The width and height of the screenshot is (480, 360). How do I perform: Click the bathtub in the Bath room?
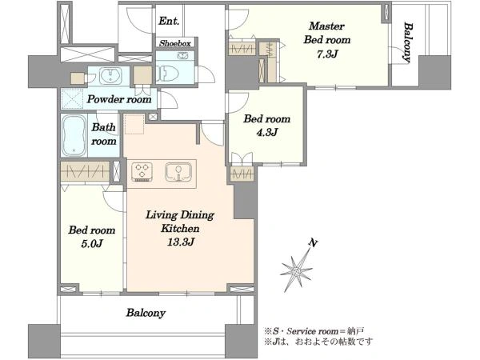(x=74, y=136)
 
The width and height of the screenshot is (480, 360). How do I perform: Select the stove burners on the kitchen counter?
(x=142, y=172)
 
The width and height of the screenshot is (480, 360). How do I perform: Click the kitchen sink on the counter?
(x=178, y=172)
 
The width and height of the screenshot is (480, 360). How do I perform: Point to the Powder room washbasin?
(x=110, y=75)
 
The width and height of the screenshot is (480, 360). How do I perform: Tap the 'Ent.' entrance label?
(x=169, y=21)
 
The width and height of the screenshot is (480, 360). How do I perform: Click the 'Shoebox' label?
(x=174, y=43)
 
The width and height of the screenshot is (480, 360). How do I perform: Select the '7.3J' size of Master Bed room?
(x=327, y=54)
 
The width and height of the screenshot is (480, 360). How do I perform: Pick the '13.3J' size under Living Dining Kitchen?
(x=180, y=242)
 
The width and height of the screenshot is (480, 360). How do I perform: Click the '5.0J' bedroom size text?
(x=91, y=244)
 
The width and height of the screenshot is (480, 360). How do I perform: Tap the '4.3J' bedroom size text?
(x=267, y=132)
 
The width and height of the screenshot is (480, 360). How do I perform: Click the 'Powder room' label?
(x=119, y=99)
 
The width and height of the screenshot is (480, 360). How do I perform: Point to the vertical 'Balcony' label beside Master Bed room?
(x=407, y=42)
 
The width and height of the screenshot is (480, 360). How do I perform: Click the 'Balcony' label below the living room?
(x=146, y=313)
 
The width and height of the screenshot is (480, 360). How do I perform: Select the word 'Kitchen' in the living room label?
(x=180, y=228)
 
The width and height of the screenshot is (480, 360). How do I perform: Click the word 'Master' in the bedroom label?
(x=326, y=26)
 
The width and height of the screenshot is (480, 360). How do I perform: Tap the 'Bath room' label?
(x=104, y=134)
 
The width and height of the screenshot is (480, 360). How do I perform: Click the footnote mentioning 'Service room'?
(x=314, y=331)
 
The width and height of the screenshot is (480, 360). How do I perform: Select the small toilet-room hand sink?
(x=182, y=55)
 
